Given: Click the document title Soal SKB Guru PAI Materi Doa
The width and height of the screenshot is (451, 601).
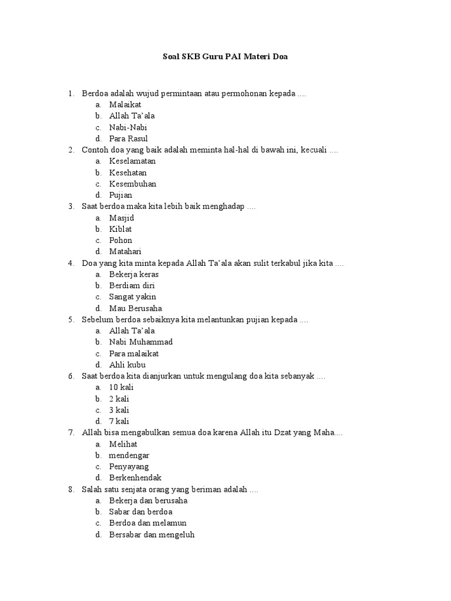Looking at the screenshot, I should [x=225, y=57].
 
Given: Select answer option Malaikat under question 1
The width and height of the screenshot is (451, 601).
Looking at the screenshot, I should [x=125, y=104].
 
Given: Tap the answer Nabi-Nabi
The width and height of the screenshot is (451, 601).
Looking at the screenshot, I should [x=128, y=127].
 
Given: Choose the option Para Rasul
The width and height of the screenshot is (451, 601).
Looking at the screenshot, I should [x=128, y=139].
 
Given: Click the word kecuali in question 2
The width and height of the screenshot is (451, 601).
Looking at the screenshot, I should [x=313, y=150].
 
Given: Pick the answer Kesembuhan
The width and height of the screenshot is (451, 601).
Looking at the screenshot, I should [x=132, y=184].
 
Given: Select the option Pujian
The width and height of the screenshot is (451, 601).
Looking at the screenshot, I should [x=120, y=195].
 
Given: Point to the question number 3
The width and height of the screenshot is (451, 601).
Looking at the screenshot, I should [x=70, y=207].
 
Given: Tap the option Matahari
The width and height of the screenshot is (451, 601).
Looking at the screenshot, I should [x=125, y=251].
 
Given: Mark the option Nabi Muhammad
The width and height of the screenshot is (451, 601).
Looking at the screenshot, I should [x=141, y=342].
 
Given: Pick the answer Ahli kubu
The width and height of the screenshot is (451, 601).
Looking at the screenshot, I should [x=127, y=364].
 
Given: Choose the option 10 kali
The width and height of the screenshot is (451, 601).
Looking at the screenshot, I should [x=121, y=387].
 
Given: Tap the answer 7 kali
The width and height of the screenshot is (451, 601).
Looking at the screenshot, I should [x=119, y=421].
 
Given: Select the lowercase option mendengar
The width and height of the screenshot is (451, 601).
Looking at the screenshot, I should [x=129, y=455].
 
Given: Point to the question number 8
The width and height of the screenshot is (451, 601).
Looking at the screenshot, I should [x=70, y=489].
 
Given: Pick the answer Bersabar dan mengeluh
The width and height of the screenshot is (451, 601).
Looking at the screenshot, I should [x=152, y=534].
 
